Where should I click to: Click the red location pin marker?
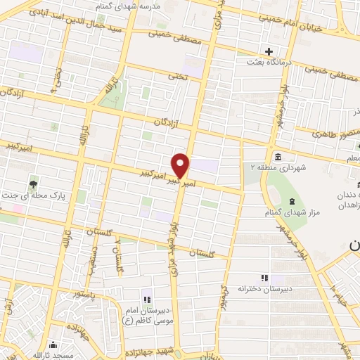pos(181,165)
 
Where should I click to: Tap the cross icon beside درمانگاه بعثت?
pos(269,51)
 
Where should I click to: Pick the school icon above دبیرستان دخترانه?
pos(264,278)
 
